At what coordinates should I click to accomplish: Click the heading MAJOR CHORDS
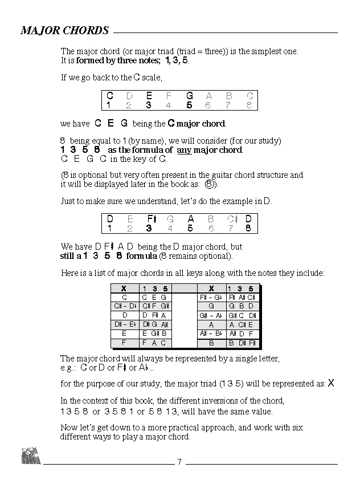coord(64,30)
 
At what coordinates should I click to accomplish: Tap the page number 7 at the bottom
coord(179,462)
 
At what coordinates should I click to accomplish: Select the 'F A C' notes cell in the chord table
coord(154,343)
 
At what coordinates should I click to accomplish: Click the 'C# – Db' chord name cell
coord(124,306)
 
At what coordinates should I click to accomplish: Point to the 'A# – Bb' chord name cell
coord(211,333)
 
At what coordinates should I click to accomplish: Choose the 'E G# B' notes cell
coord(154,333)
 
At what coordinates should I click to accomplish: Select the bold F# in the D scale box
coord(151,219)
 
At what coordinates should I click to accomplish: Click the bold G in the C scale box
coord(189,96)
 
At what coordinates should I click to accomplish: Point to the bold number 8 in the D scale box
coord(248,228)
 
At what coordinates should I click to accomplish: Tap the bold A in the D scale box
coord(190,219)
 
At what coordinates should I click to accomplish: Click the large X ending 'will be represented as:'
coord(331,384)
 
